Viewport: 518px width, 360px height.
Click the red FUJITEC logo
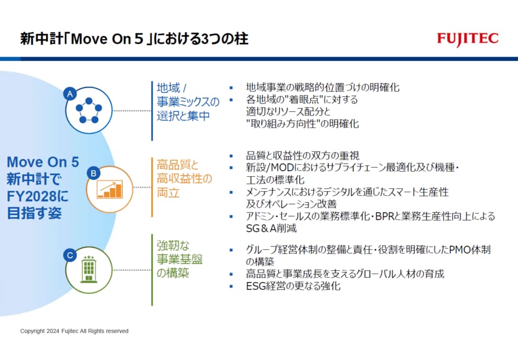pos(468,39)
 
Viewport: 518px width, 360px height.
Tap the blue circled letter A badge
pos(70,94)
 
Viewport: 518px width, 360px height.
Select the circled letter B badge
pos(93,173)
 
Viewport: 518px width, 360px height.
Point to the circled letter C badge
pos(70,255)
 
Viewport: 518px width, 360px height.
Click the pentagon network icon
pos(89,111)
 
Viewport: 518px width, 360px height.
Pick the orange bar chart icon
pos(110,190)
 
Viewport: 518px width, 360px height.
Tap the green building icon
pos(89,270)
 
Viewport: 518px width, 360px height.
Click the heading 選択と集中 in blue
pos(183,116)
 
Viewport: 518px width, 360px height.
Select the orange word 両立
pos(168,192)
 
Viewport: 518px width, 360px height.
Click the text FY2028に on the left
pos(37,196)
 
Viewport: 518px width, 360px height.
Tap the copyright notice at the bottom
pos(74,331)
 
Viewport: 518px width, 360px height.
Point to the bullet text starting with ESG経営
pos(293,286)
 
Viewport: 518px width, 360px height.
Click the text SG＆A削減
pos(271,229)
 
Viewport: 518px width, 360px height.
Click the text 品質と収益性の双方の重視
pos(303,156)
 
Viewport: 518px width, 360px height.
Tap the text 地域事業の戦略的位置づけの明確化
pos(323,88)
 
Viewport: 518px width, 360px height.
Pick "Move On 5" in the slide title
pos(108,39)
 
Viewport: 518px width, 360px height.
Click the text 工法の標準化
pos(275,180)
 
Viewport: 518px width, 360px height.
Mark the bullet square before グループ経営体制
pos(231,250)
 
